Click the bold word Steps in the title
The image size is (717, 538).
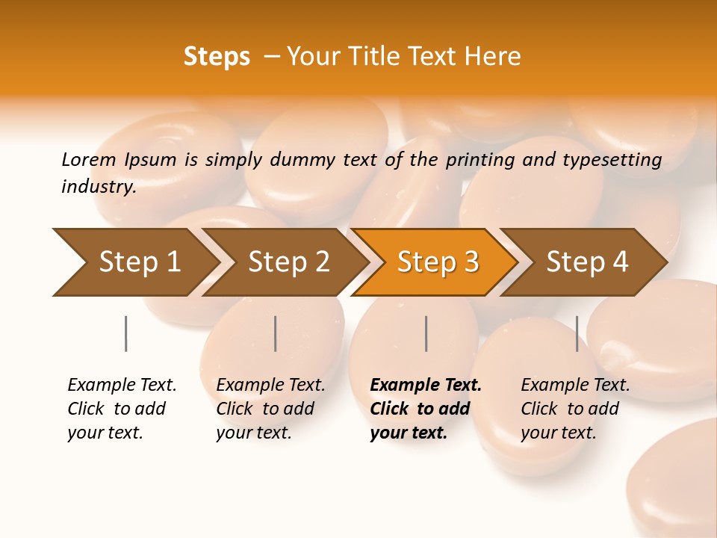tap(217, 57)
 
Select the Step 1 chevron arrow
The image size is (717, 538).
tap(134, 262)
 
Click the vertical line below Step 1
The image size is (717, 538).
tap(125, 333)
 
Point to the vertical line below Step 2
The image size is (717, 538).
tap(276, 333)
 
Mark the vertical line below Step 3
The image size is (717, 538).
tap(426, 333)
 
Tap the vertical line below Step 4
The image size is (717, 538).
tap(577, 333)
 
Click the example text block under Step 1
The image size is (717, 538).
tap(122, 409)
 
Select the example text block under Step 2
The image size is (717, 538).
tap(270, 409)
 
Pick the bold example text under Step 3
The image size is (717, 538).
tap(426, 409)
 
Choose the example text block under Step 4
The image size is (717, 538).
tap(575, 409)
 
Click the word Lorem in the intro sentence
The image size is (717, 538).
tap(88, 159)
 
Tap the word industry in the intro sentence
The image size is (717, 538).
tap(98, 186)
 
